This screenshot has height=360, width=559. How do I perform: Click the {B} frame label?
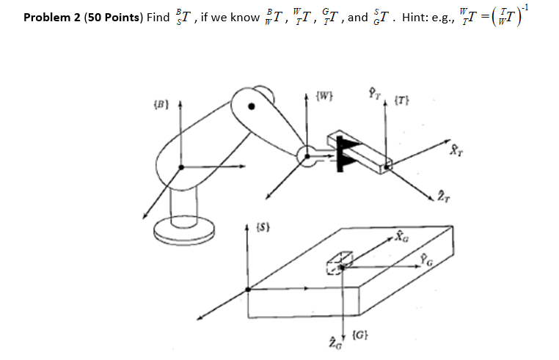click(x=160, y=115)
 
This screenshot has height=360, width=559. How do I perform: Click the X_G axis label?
click(x=399, y=236)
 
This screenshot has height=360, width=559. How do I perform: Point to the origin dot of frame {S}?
click(x=247, y=290)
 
